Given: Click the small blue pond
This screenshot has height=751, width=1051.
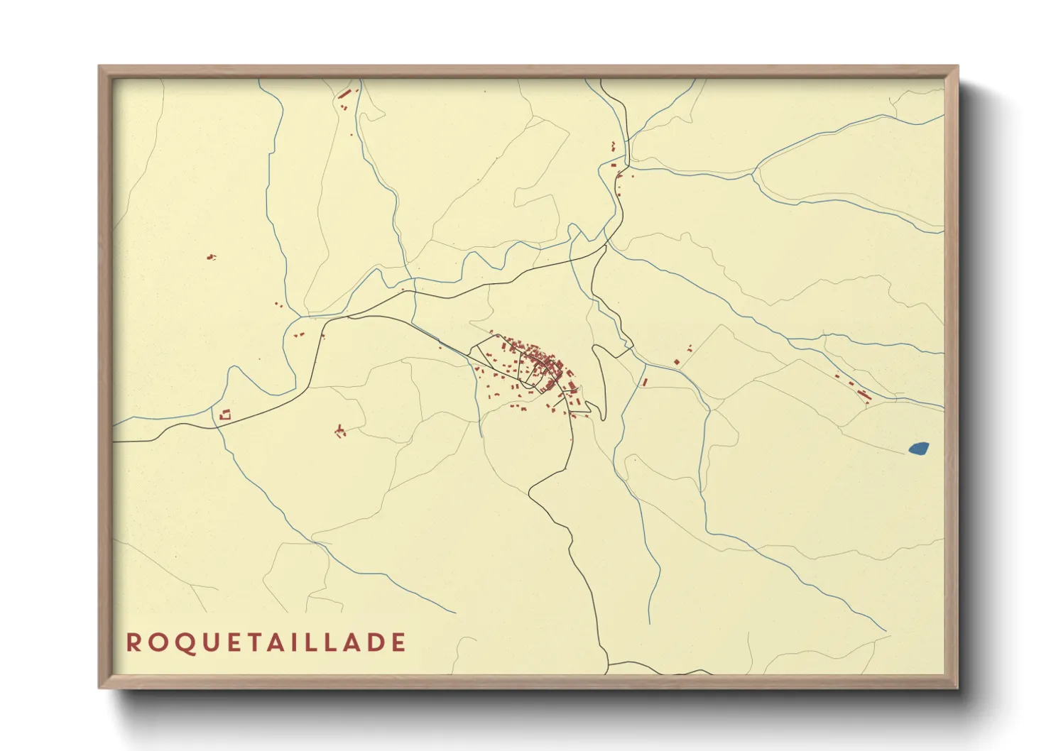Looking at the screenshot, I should point(918,448).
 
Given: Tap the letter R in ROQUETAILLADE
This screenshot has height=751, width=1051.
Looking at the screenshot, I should point(133,642).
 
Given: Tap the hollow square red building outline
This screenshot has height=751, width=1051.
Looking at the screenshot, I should point(226,415).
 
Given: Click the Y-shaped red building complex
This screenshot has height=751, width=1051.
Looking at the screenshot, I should point(340,430).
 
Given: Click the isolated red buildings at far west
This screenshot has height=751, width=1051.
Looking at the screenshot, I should point(210,257).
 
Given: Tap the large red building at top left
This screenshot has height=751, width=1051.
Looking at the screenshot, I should point(345,94).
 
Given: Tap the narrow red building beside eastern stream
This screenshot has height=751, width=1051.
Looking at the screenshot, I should point(644,382).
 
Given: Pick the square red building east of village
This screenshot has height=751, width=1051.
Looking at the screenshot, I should point(677,362).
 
